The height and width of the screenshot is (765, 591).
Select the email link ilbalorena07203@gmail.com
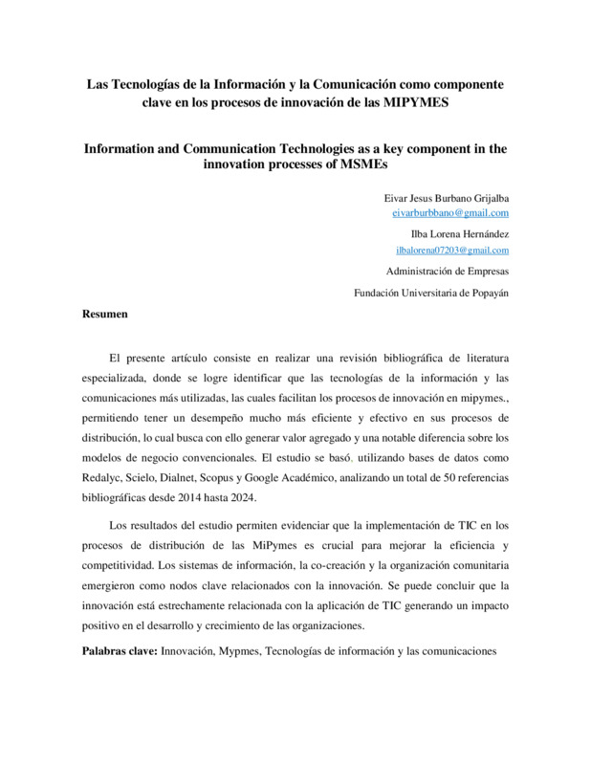click(x=451, y=250)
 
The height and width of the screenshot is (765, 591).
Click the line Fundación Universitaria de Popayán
click(x=431, y=294)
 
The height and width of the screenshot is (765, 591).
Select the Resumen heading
click(x=105, y=313)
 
